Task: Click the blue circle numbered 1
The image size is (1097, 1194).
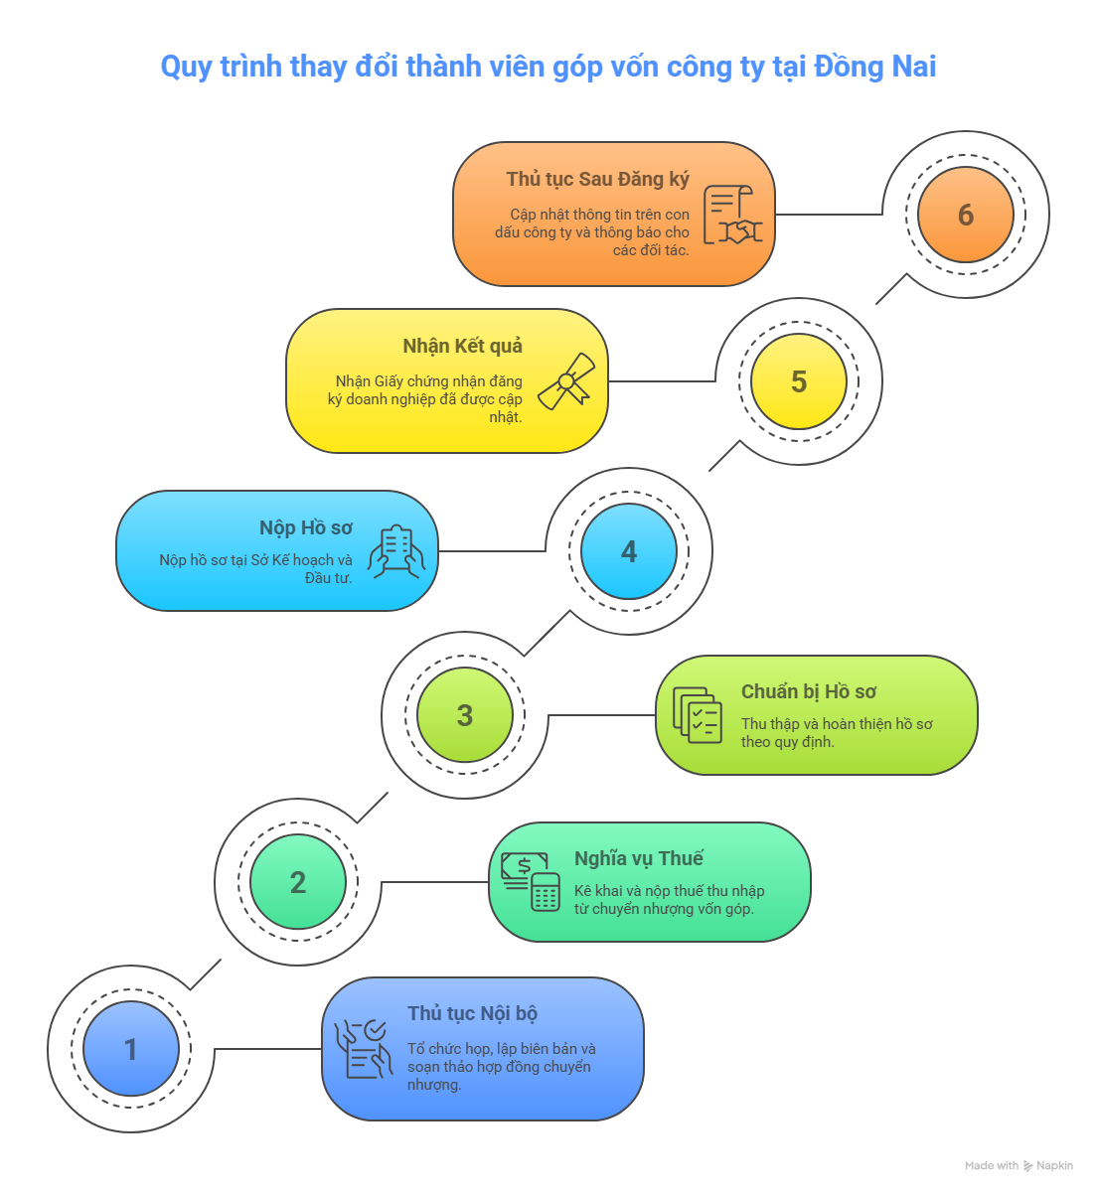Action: click(131, 1048)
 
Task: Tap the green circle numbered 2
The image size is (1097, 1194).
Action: click(298, 881)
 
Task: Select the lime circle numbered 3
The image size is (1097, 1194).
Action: click(464, 714)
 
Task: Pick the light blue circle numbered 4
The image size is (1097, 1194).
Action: click(629, 550)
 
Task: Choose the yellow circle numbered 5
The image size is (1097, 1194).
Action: click(799, 380)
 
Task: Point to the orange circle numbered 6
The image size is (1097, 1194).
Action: click(966, 215)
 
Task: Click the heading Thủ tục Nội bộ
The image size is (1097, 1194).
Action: click(472, 1013)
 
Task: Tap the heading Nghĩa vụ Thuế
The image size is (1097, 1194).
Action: click(639, 858)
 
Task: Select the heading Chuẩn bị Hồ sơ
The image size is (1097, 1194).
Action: click(808, 691)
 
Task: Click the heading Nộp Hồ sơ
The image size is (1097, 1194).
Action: click(305, 527)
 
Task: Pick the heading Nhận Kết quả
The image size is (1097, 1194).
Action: click(462, 346)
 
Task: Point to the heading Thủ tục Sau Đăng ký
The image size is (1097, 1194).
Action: click(597, 179)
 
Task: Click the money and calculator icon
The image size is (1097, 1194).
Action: click(530, 881)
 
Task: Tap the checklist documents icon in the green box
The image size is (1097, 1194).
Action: click(697, 715)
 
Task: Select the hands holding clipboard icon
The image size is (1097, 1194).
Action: click(396, 551)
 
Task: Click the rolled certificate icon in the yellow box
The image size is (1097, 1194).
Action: click(566, 381)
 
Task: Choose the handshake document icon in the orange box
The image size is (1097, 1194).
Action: click(732, 215)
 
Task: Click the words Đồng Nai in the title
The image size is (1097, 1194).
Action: click(874, 67)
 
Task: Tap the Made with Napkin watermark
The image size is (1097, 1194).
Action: click(1019, 1165)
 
